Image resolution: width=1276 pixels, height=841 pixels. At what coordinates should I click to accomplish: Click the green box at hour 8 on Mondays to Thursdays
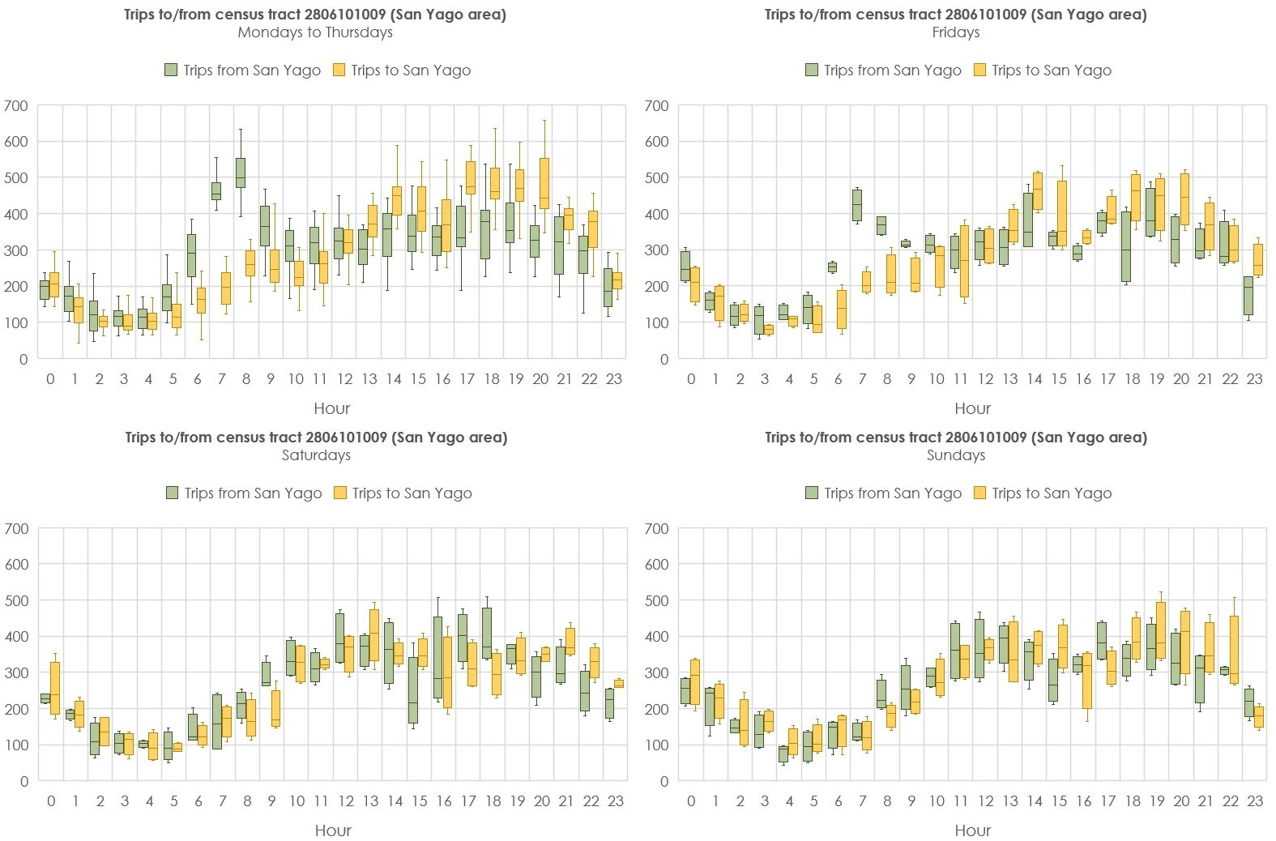tap(241, 173)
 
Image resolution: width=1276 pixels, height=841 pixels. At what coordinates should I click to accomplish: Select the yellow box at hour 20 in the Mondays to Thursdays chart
tap(544, 183)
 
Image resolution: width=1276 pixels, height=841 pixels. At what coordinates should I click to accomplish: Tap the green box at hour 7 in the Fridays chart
tap(857, 205)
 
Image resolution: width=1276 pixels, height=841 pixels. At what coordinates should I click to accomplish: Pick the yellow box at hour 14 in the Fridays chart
tap(1038, 191)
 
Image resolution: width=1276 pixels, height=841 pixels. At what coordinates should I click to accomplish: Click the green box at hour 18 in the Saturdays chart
tap(486, 632)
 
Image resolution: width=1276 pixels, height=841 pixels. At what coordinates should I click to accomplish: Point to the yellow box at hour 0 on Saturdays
tap(55, 689)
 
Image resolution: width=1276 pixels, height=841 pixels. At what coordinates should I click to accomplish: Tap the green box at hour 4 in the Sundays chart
tap(783, 754)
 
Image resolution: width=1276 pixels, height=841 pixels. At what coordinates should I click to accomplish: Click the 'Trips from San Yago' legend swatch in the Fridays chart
tap(812, 70)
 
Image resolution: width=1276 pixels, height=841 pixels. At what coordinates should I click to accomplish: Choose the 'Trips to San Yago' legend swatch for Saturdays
tap(340, 493)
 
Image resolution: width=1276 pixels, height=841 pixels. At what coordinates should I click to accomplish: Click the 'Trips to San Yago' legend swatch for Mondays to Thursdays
tap(339, 70)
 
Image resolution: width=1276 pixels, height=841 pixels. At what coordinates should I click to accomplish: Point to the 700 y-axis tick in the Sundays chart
tap(657, 528)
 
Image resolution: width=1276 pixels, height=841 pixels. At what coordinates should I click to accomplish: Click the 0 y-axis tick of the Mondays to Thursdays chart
tap(23, 359)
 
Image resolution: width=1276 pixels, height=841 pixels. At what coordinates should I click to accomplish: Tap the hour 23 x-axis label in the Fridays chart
tap(1254, 378)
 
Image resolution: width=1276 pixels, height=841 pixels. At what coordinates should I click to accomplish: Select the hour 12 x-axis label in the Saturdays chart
tap(346, 801)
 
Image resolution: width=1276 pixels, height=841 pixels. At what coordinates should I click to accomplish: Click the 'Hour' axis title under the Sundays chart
tap(972, 830)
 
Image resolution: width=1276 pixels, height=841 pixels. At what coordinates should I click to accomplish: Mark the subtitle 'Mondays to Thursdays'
tap(315, 32)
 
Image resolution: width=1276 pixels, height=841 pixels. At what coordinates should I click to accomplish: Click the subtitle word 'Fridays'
tap(956, 32)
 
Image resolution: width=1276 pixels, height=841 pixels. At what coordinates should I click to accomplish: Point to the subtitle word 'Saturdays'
tap(316, 455)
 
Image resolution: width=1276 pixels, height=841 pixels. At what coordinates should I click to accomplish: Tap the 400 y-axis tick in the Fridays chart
tap(657, 214)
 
